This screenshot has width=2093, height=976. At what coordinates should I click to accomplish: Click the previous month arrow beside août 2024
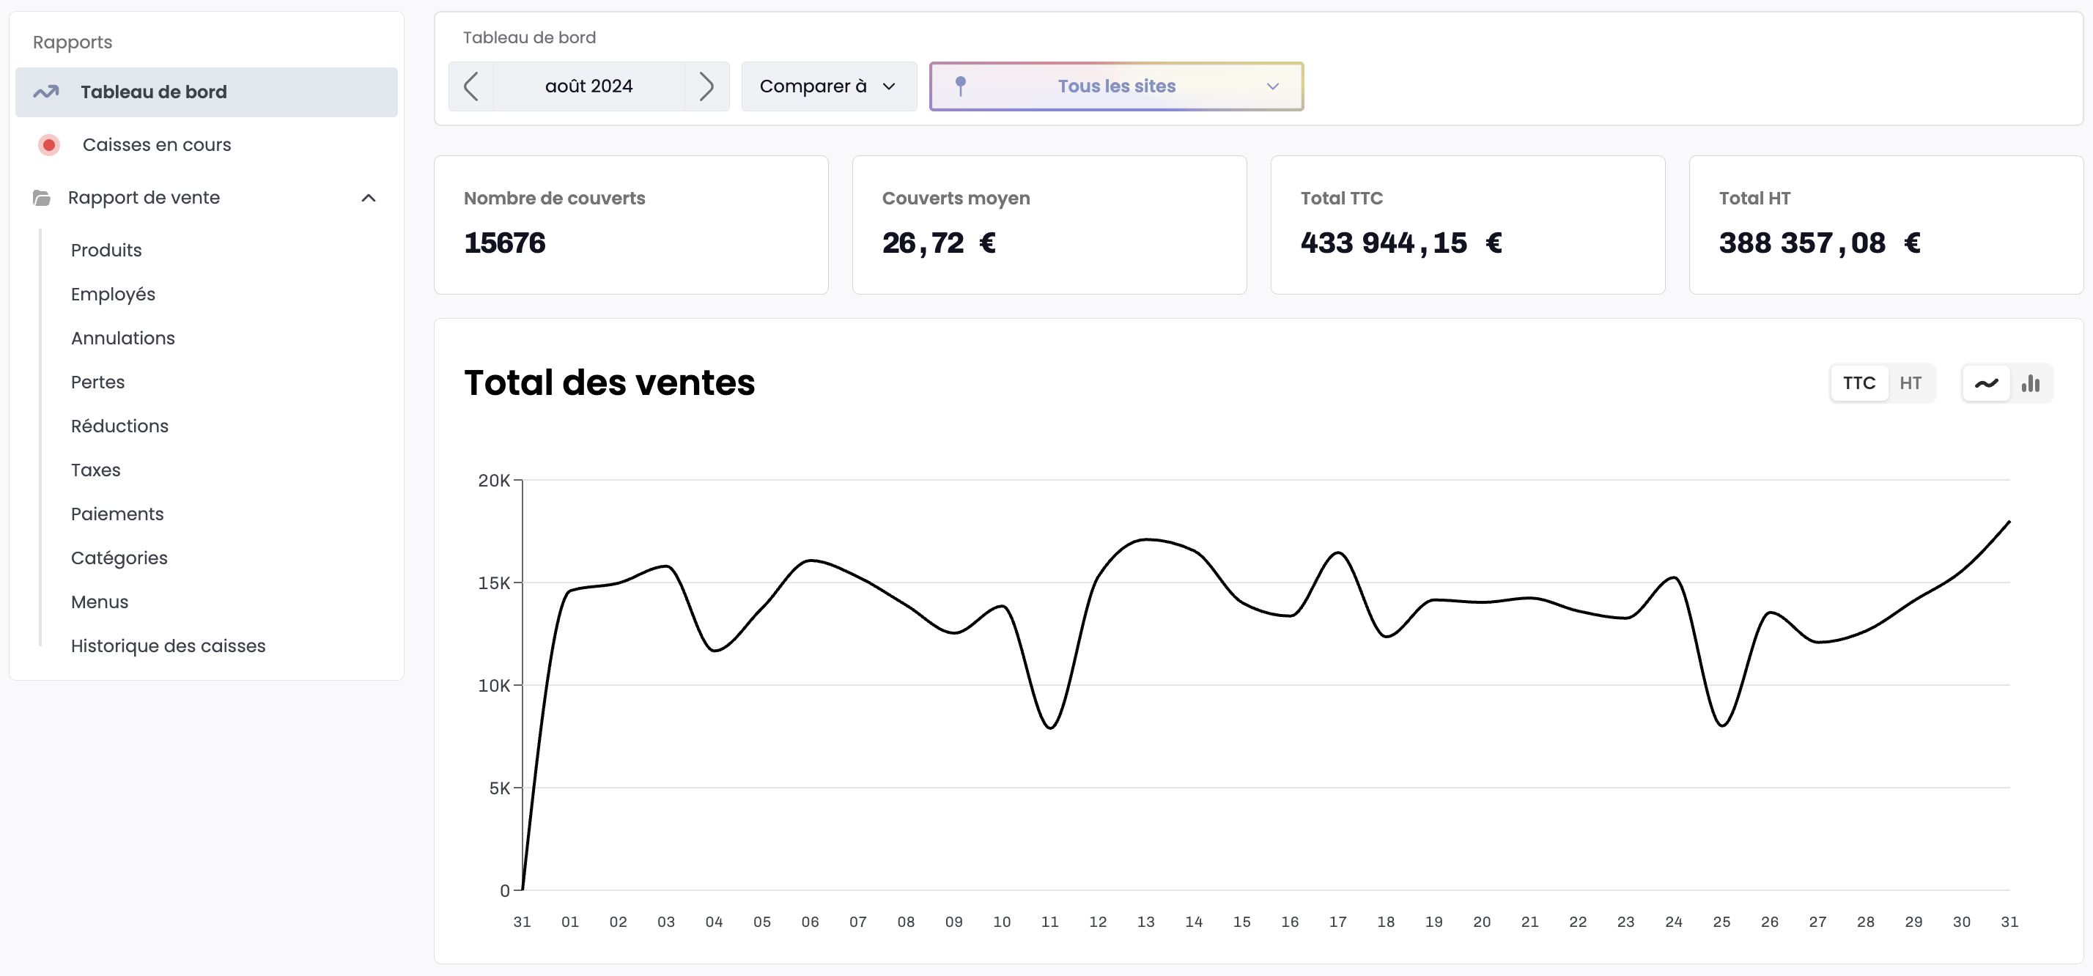470,86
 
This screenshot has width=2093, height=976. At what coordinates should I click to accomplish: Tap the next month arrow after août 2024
706,86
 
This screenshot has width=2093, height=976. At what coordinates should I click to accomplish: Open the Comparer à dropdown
828,86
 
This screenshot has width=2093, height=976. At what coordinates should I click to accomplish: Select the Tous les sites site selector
1115,86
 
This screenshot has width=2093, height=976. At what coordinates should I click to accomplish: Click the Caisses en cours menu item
157,144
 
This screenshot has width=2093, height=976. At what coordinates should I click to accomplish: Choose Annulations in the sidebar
122,338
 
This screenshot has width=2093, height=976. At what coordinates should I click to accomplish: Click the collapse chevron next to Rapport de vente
368,198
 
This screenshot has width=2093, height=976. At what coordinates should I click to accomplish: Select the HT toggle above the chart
1911,382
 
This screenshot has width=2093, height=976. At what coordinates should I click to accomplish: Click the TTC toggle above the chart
1858,382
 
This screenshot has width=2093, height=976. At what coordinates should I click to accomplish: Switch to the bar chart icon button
2031,382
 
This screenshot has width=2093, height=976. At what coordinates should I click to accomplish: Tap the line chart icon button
1986,382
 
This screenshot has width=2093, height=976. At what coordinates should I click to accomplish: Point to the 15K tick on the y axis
494,583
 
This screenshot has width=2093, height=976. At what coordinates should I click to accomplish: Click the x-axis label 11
1049,922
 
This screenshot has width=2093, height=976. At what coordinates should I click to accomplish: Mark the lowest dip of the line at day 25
1721,725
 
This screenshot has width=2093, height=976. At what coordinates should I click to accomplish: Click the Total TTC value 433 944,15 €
1400,243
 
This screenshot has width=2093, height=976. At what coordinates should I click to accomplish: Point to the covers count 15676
504,243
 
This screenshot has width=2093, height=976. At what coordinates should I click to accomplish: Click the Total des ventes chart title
610,382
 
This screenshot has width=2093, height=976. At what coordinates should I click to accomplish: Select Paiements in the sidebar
117,514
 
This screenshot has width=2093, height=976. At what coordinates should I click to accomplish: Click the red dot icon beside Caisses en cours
49,144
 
